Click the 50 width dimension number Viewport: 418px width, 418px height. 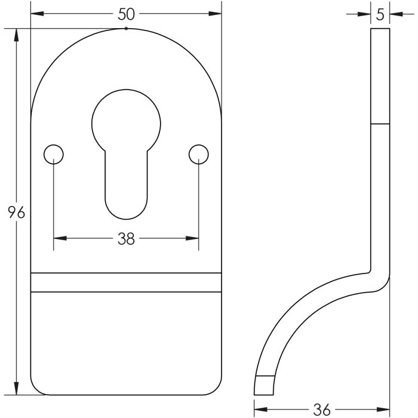[126, 14]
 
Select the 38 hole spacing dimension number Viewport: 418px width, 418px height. [126, 239]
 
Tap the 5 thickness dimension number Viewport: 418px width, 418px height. [380, 15]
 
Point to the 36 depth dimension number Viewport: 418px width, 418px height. [321, 410]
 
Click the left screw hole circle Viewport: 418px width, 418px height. [54, 154]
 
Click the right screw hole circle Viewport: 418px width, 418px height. [198, 154]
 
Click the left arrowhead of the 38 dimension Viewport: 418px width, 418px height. [59, 239]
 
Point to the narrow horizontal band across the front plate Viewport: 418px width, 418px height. [126, 282]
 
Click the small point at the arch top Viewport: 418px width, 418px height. [126, 28]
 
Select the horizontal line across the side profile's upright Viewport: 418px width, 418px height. [380, 124]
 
